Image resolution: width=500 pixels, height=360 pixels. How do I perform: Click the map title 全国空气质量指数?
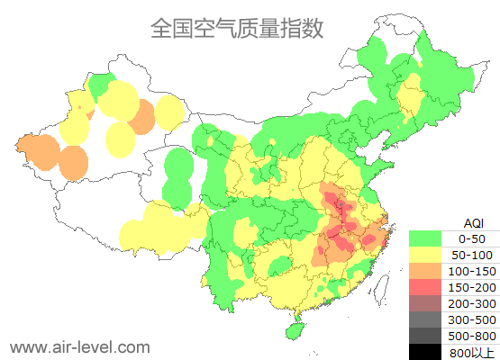(x=237, y=29)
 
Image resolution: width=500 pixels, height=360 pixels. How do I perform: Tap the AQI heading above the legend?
(x=472, y=222)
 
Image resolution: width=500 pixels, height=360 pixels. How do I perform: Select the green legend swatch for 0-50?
(x=425, y=238)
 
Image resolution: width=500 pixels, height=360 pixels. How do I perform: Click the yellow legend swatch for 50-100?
(x=425, y=255)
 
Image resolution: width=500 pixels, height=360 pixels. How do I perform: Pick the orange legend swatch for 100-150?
(x=425, y=271)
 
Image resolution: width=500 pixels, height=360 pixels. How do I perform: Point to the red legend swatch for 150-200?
(x=425, y=287)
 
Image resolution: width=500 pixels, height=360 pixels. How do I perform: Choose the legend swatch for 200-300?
(x=425, y=303)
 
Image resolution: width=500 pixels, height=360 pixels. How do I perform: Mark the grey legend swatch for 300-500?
(x=425, y=319)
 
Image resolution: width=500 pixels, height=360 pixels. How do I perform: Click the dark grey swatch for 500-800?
(x=425, y=336)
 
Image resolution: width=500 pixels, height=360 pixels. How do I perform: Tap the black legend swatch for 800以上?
(x=425, y=351)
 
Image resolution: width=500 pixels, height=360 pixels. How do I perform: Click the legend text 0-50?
(x=472, y=238)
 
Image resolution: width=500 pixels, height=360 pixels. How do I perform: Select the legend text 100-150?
(x=472, y=271)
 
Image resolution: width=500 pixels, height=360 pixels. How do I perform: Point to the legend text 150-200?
(x=472, y=287)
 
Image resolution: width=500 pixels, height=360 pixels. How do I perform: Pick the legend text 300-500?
(x=472, y=319)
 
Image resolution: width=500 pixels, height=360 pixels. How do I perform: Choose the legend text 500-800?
(x=472, y=336)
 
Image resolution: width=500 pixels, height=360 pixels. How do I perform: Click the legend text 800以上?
(x=472, y=351)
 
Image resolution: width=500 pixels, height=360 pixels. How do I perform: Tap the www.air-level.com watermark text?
(x=79, y=346)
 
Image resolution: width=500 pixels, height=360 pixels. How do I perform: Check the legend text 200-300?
(x=472, y=303)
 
